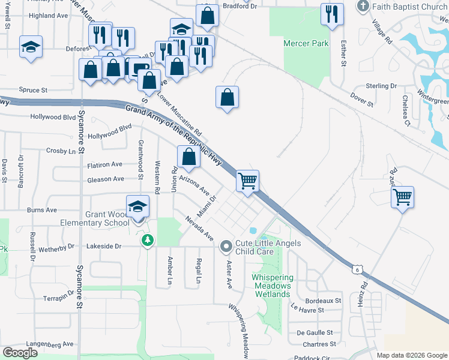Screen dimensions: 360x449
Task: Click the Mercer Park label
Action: coord(306,43)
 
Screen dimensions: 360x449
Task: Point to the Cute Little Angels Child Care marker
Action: coord(226,246)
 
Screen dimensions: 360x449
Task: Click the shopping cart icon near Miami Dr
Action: coord(248,180)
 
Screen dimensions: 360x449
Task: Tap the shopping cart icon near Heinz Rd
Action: coord(402,196)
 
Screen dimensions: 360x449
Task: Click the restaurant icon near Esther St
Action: coord(332,14)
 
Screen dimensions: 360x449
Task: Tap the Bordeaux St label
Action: coord(323,300)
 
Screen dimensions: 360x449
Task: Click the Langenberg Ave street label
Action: coord(50,344)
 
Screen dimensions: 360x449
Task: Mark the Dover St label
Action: coord(362,100)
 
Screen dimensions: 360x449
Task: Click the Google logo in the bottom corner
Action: coord(20,353)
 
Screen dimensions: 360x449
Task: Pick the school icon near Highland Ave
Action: coord(31,47)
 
